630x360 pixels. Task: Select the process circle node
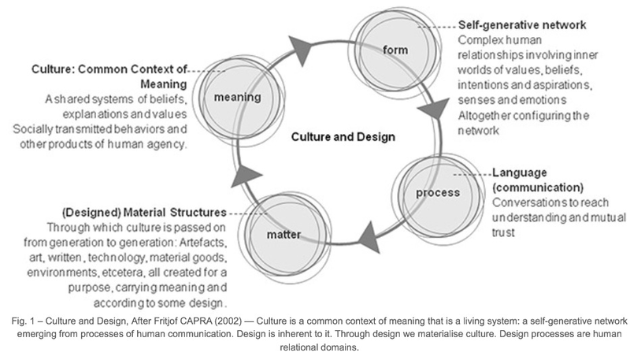431,191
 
